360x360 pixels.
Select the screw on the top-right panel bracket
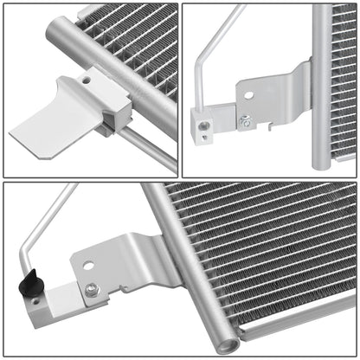tap(245, 122)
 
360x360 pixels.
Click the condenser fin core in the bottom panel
tap(260, 251)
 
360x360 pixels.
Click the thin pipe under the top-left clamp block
tap(143, 143)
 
